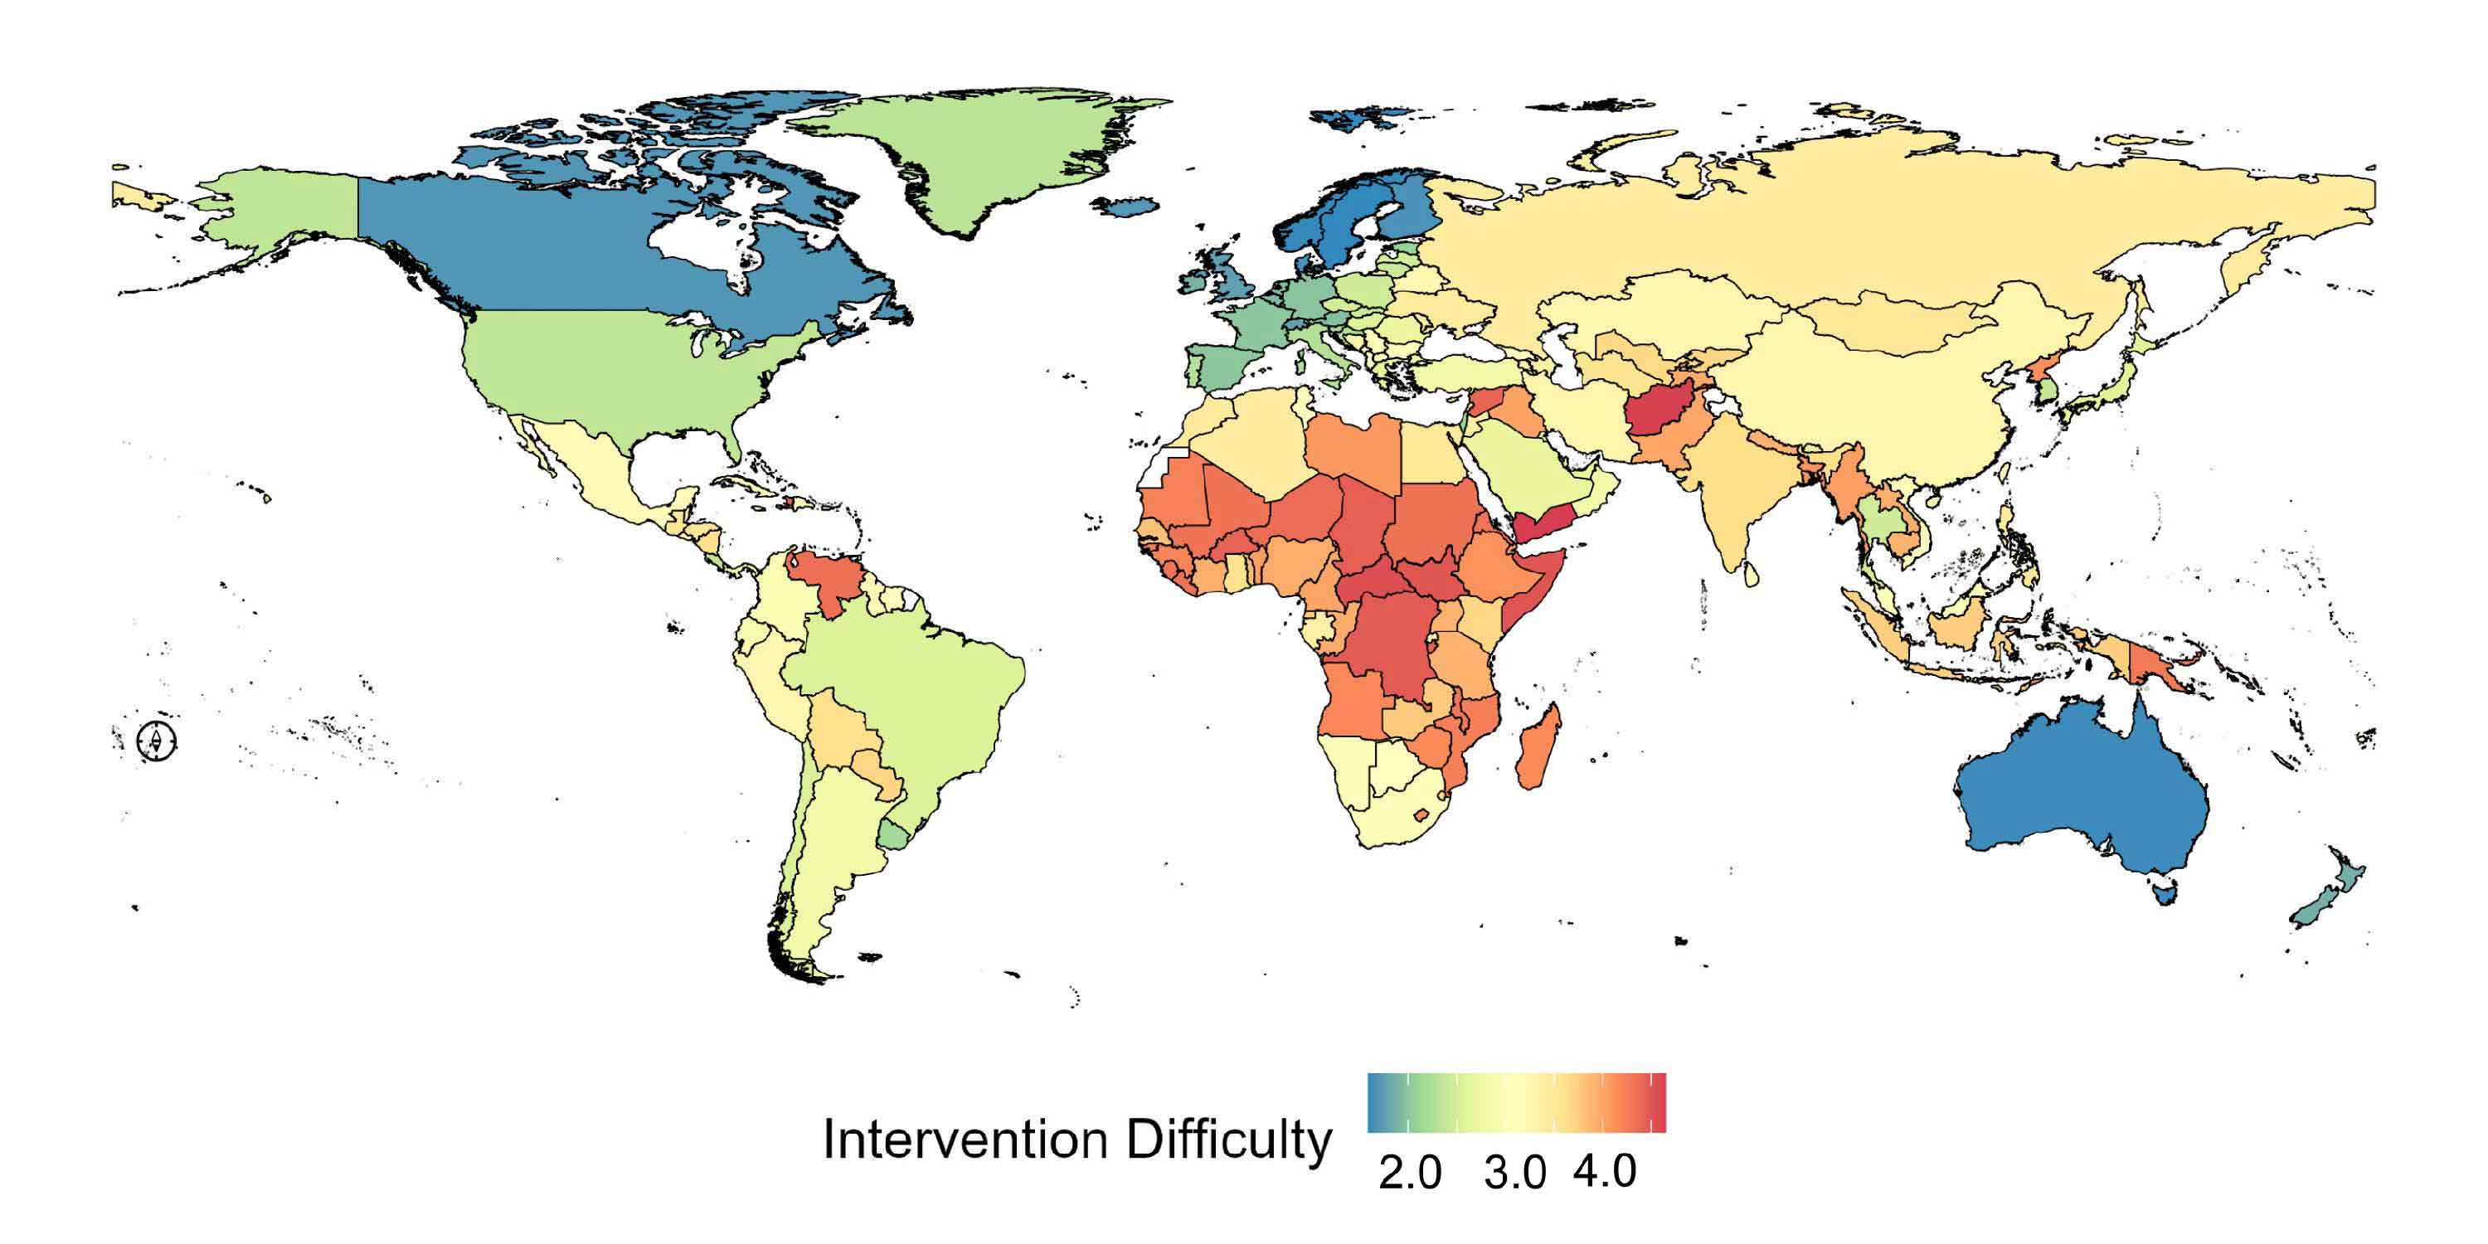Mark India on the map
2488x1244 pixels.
point(1738,503)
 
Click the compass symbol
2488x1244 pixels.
point(157,741)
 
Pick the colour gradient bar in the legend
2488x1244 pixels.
point(1516,1102)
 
